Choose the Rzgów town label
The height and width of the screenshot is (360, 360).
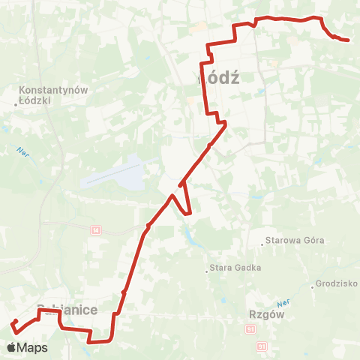(x=263, y=316)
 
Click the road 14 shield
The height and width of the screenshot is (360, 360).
(x=95, y=230)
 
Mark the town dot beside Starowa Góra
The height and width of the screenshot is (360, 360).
(x=262, y=242)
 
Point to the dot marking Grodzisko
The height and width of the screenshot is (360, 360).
(x=312, y=285)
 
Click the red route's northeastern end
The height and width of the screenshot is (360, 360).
(x=349, y=40)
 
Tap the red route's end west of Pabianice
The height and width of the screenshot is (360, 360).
(x=15, y=322)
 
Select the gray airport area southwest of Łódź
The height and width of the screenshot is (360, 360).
(x=116, y=172)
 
